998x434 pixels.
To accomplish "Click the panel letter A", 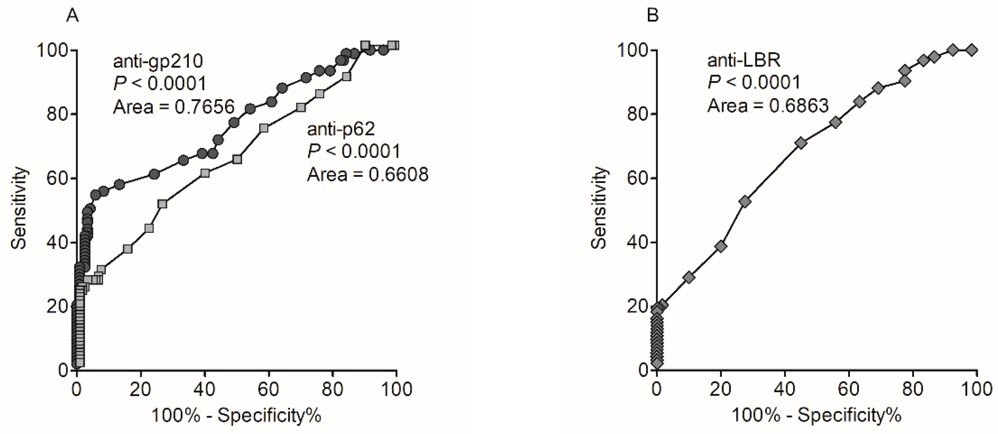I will click(72, 16).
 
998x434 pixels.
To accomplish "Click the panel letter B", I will click(653, 16).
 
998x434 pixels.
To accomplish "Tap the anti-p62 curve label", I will click(341, 129).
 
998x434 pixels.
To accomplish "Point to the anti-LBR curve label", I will click(744, 60).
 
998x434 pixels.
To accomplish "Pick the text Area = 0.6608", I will click(368, 175).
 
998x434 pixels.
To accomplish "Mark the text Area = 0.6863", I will click(768, 106).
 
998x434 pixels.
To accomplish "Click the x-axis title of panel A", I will click(236, 416).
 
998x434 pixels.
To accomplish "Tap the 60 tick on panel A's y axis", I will click(57, 178).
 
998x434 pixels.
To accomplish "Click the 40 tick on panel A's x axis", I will click(205, 389).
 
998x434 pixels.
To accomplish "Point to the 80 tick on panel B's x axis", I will click(913, 389).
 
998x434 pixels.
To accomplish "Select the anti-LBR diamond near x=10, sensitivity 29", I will click(689, 277).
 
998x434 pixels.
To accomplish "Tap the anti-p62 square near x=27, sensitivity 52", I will click(163, 204).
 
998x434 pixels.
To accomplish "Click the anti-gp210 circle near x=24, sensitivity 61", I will click(154, 174).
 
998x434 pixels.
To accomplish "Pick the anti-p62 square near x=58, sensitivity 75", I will click(263, 128).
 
